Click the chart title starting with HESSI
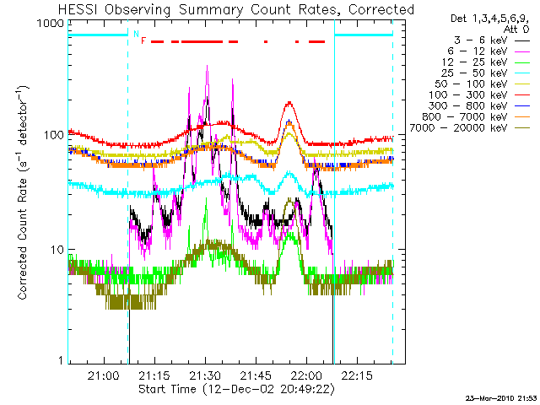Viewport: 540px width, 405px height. click(236, 9)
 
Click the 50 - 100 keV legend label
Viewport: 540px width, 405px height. click(471, 84)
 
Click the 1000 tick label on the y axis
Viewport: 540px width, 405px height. click(51, 24)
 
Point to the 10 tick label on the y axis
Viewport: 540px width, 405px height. click(57, 250)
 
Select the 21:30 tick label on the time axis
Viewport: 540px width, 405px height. click(205, 375)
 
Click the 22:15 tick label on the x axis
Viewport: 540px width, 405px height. click(357, 375)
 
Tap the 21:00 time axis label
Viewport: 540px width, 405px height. click(104, 375)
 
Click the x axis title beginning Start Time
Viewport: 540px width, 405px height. click(236, 389)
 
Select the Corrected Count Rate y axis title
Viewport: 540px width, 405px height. click(23, 192)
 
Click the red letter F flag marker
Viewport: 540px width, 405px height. click(143, 41)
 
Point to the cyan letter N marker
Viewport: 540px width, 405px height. click(136, 34)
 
